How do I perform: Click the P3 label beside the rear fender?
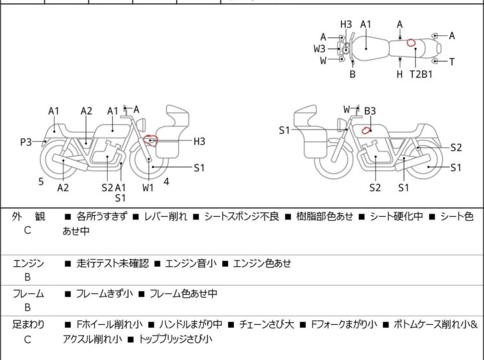tap(26, 142)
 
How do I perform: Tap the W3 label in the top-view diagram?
tap(319, 48)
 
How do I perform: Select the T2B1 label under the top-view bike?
tap(421, 74)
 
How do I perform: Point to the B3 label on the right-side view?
tap(370, 111)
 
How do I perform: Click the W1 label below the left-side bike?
tap(148, 187)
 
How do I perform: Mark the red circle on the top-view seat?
tap(412, 44)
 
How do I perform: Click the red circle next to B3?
tap(366, 130)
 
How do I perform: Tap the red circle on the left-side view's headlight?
tap(151, 139)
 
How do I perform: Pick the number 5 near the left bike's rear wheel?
tap(41, 182)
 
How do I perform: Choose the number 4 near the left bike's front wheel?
tap(166, 181)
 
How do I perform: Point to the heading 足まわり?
tap(29, 325)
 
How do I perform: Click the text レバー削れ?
tap(163, 217)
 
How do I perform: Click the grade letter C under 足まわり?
tap(28, 339)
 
